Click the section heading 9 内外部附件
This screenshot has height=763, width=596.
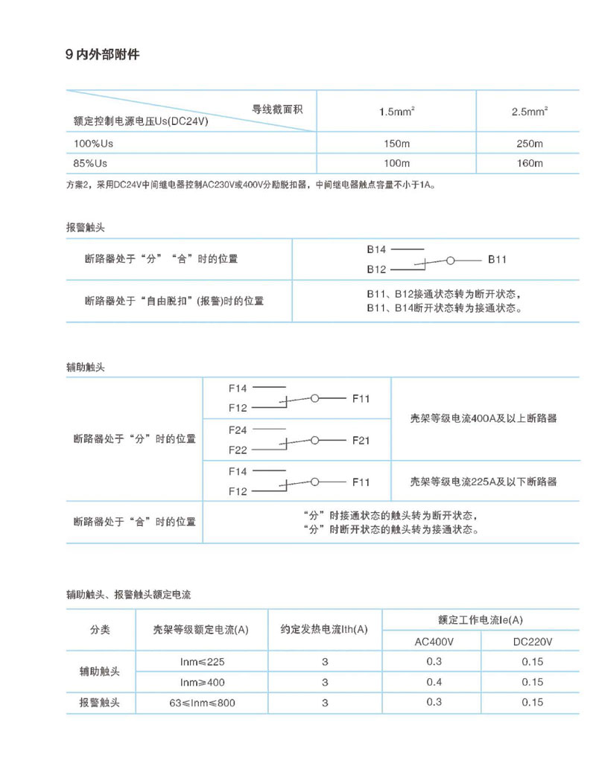point(103,55)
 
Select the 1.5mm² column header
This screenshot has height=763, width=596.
point(396,112)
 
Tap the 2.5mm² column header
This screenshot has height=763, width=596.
point(530,112)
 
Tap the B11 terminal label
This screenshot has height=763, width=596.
point(498,260)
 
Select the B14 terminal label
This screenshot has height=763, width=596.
point(376,250)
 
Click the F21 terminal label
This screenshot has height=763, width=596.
point(361,441)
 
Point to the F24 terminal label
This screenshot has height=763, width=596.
point(238,430)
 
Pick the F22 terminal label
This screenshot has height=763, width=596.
point(238,450)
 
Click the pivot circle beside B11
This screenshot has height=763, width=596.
point(451,260)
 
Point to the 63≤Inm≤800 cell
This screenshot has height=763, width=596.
point(203,702)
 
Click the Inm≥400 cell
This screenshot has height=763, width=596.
point(203,682)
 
